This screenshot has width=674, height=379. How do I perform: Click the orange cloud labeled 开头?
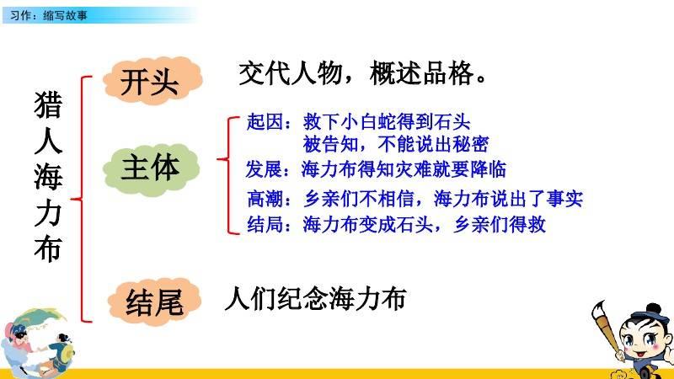point(152,81)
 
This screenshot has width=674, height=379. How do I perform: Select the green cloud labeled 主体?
point(152,169)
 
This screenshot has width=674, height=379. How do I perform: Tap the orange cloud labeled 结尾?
point(154,302)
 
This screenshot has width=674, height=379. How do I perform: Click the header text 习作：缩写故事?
point(49,15)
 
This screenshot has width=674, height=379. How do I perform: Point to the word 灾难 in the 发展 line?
point(414,169)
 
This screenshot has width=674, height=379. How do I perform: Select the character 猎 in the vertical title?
point(48,104)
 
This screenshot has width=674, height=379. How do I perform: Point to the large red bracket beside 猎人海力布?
point(81,199)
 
